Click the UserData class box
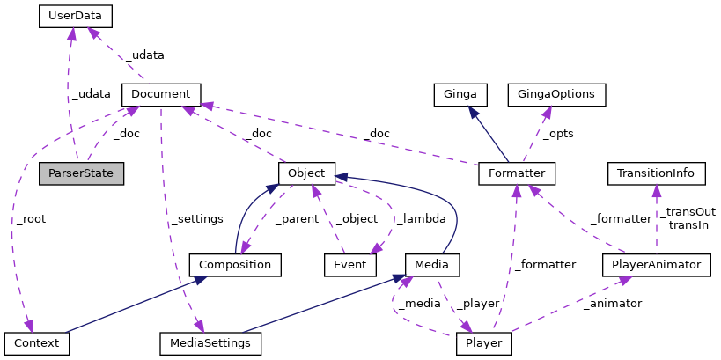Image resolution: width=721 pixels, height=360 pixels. point(76,15)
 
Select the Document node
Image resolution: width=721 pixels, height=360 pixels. point(160,93)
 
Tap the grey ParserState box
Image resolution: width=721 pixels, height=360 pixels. point(81,173)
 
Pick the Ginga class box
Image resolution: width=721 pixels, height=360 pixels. point(460,94)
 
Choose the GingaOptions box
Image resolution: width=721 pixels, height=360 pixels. point(556,94)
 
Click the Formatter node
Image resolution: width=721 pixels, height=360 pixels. point(517,173)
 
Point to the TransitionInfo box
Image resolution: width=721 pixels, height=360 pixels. point(656,173)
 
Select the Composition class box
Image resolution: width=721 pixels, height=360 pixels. point(235,264)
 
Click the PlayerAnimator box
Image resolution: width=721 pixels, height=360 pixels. point(656,264)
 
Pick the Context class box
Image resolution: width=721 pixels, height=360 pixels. point(36,342)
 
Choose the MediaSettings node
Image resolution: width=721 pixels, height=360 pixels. point(210,342)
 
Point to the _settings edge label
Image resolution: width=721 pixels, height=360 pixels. point(195,218)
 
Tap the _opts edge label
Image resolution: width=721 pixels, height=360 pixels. point(555,134)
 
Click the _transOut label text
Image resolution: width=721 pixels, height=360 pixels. point(688,212)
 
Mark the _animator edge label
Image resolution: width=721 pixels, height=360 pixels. point(612,303)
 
